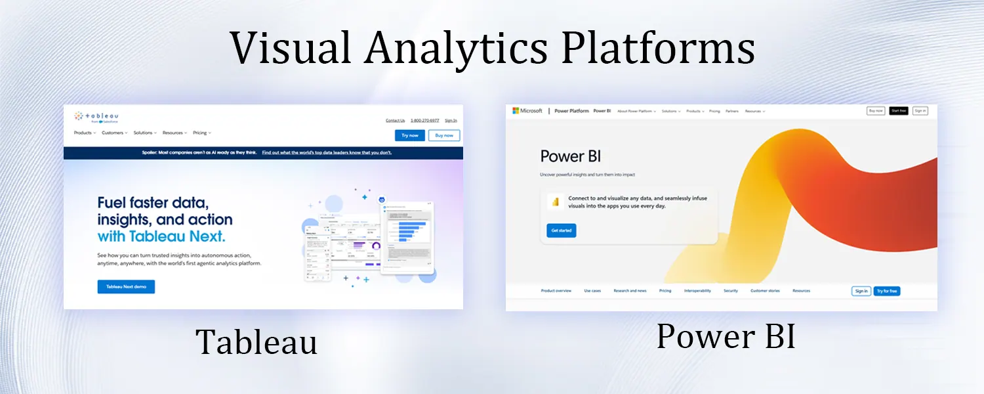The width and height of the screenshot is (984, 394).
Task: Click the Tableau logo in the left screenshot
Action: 96,116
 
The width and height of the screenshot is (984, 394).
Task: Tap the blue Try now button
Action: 410,135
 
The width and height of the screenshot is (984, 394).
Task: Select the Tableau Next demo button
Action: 126,287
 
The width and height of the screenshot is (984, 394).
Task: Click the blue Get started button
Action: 561,230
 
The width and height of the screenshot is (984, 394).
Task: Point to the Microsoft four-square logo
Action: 516,111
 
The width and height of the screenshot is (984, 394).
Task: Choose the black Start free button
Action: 898,111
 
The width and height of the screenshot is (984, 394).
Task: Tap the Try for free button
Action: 886,291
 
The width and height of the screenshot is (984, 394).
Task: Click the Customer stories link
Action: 765,291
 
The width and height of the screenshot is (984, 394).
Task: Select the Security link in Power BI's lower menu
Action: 730,291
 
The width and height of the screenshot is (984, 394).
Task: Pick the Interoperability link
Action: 697,291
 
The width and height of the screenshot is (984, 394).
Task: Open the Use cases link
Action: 592,291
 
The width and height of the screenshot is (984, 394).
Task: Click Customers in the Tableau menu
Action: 114,133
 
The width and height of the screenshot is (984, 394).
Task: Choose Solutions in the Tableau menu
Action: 144,133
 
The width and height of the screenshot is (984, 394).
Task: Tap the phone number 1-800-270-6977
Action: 424,120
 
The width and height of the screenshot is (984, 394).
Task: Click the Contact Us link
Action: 395,120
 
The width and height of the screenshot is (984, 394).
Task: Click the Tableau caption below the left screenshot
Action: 256,341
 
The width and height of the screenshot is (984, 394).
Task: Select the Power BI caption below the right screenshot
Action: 726,336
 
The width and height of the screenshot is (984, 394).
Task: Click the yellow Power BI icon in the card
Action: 556,202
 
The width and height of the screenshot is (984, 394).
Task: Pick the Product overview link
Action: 556,291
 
